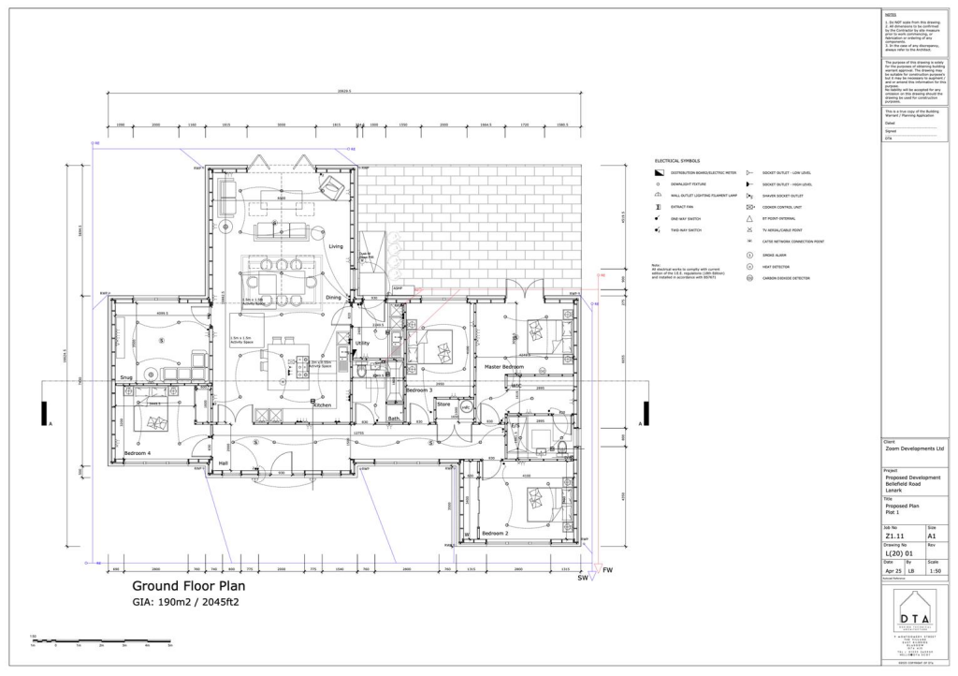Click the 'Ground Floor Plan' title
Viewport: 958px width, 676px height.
(x=186, y=587)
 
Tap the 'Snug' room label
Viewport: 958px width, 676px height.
(x=127, y=378)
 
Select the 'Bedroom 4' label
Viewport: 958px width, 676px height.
(x=138, y=454)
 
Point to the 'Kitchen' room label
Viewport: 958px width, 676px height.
(x=322, y=404)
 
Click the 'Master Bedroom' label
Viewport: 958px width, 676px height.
(x=504, y=366)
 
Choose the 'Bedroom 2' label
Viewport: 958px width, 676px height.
(x=495, y=533)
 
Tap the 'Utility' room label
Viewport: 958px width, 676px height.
(x=362, y=344)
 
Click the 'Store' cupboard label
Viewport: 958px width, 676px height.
(x=443, y=404)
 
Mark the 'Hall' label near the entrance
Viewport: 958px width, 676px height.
(x=224, y=463)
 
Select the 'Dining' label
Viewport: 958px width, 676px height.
(x=333, y=298)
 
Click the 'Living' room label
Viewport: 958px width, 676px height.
(x=335, y=246)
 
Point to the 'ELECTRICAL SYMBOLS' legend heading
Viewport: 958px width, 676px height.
(x=676, y=161)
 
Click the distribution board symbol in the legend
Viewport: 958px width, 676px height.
(x=659, y=173)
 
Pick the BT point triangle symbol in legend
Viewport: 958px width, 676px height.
(x=749, y=218)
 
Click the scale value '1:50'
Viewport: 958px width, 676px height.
(x=934, y=570)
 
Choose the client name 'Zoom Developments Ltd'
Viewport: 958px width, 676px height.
(x=914, y=449)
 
